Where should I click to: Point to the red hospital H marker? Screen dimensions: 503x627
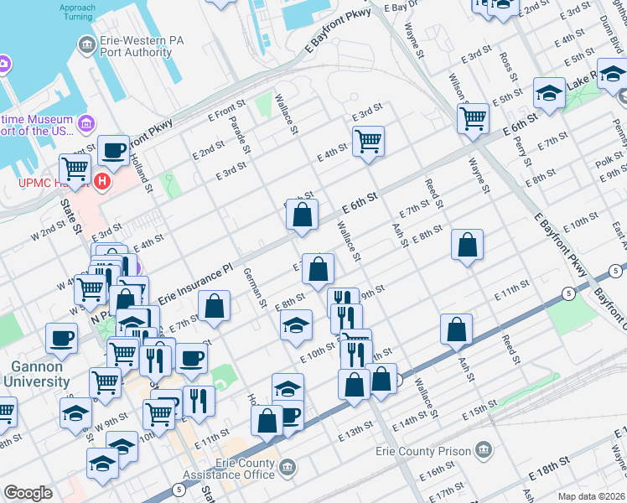pos(102,180)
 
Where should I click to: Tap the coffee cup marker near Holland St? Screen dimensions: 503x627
pos(113,151)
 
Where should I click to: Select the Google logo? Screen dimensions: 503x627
pos(28,493)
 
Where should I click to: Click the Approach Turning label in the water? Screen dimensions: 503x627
pos(77,13)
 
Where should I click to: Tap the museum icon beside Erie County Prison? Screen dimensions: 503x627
pos(483,451)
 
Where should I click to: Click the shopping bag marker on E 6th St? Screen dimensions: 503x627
pos(302,215)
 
